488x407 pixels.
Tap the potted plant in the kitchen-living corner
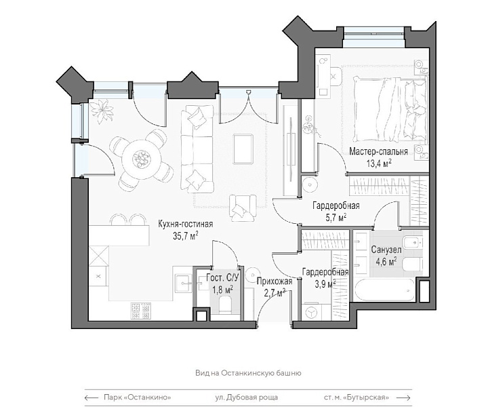(x=102, y=111)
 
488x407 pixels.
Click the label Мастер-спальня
(x=378, y=152)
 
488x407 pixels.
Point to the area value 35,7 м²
(x=186, y=236)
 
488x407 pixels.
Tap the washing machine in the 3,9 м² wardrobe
(x=311, y=312)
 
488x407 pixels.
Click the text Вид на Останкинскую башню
(x=248, y=373)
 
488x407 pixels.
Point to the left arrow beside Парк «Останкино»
(x=91, y=398)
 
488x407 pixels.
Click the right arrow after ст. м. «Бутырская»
(x=403, y=398)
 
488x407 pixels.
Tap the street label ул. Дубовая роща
(x=247, y=398)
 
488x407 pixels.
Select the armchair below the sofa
(x=243, y=208)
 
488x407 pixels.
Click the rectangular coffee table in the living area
(x=243, y=149)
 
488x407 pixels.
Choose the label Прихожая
(x=274, y=282)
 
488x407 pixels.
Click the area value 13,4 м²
(x=379, y=163)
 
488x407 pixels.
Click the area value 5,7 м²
(x=336, y=218)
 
